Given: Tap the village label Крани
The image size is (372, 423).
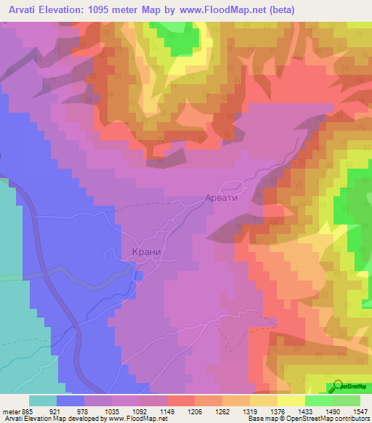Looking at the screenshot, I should tap(146, 252).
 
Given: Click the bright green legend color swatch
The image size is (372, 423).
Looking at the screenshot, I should tap(319, 400).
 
